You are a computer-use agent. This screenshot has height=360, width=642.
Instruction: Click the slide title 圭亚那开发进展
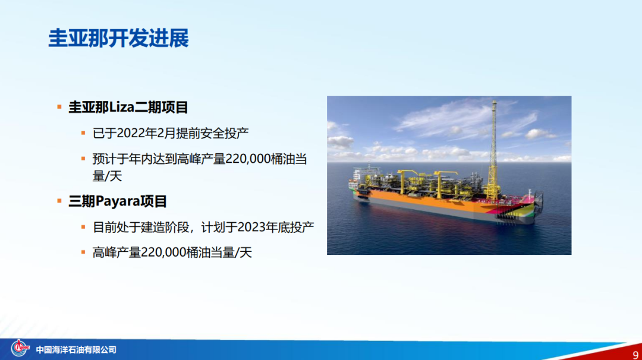[118, 38]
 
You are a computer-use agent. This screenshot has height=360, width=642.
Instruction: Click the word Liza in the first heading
[122, 107]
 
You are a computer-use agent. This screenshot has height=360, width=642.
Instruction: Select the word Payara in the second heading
[118, 201]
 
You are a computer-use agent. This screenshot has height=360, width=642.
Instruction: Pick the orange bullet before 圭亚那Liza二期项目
[59, 107]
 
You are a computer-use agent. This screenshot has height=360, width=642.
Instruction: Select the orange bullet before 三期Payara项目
[59, 201]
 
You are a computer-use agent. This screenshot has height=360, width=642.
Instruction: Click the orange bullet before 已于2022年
[84, 133]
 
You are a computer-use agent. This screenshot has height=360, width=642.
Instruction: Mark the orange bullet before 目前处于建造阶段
[84, 227]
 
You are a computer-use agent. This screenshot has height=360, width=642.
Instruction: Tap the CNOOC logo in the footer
[20, 348]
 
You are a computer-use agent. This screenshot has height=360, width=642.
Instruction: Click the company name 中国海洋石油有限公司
[76, 350]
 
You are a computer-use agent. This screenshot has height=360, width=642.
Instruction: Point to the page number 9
[635, 355]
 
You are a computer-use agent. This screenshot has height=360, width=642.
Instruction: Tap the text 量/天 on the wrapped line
[107, 176]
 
